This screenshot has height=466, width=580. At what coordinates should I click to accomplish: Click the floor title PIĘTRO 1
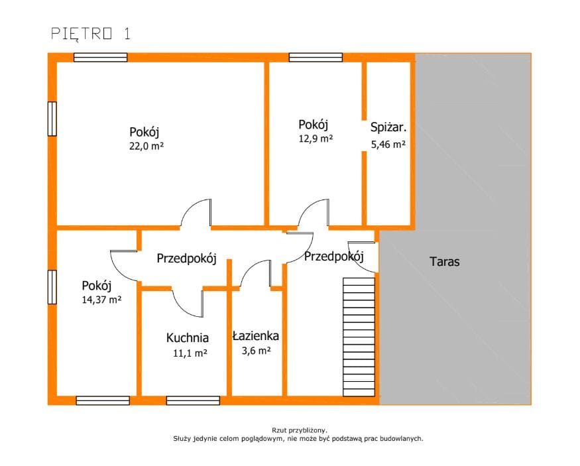pyautogui.click(x=91, y=33)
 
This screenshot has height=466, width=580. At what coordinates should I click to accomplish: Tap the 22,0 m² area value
pyautogui.click(x=146, y=146)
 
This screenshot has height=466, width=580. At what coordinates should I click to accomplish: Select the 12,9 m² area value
pyautogui.click(x=316, y=139)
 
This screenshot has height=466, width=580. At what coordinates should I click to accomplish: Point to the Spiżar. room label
pyautogui.click(x=388, y=127)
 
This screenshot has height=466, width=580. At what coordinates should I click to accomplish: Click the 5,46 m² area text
pyautogui.click(x=388, y=145)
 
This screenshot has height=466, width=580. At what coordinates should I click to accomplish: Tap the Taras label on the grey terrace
pyautogui.click(x=445, y=261)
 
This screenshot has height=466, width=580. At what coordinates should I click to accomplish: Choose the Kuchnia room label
pyautogui.click(x=187, y=337)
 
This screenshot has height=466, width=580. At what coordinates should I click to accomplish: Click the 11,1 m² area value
pyautogui.click(x=190, y=353)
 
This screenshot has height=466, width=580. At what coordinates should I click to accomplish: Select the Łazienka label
pyautogui.click(x=256, y=336)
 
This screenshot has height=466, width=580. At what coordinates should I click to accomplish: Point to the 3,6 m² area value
pyautogui.click(x=256, y=350)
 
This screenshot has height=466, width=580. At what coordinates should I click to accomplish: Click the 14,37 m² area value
pyautogui.click(x=101, y=300)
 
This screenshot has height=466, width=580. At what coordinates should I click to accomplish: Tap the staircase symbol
pyautogui.click(x=359, y=337)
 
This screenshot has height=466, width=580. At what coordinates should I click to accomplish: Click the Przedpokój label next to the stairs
pyautogui.click(x=334, y=257)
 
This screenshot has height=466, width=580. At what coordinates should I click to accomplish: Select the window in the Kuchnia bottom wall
pyautogui.click(x=193, y=400)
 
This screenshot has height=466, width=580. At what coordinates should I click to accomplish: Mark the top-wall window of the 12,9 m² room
pyautogui.click(x=316, y=57)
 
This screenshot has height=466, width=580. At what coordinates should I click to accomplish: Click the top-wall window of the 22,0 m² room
pyautogui.click(x=101, y=57)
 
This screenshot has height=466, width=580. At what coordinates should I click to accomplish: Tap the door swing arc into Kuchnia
pyautogui.click(x=184, y=309)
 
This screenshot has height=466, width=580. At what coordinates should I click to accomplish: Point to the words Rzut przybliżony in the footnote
pyautogui.click(x=300, y=430)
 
